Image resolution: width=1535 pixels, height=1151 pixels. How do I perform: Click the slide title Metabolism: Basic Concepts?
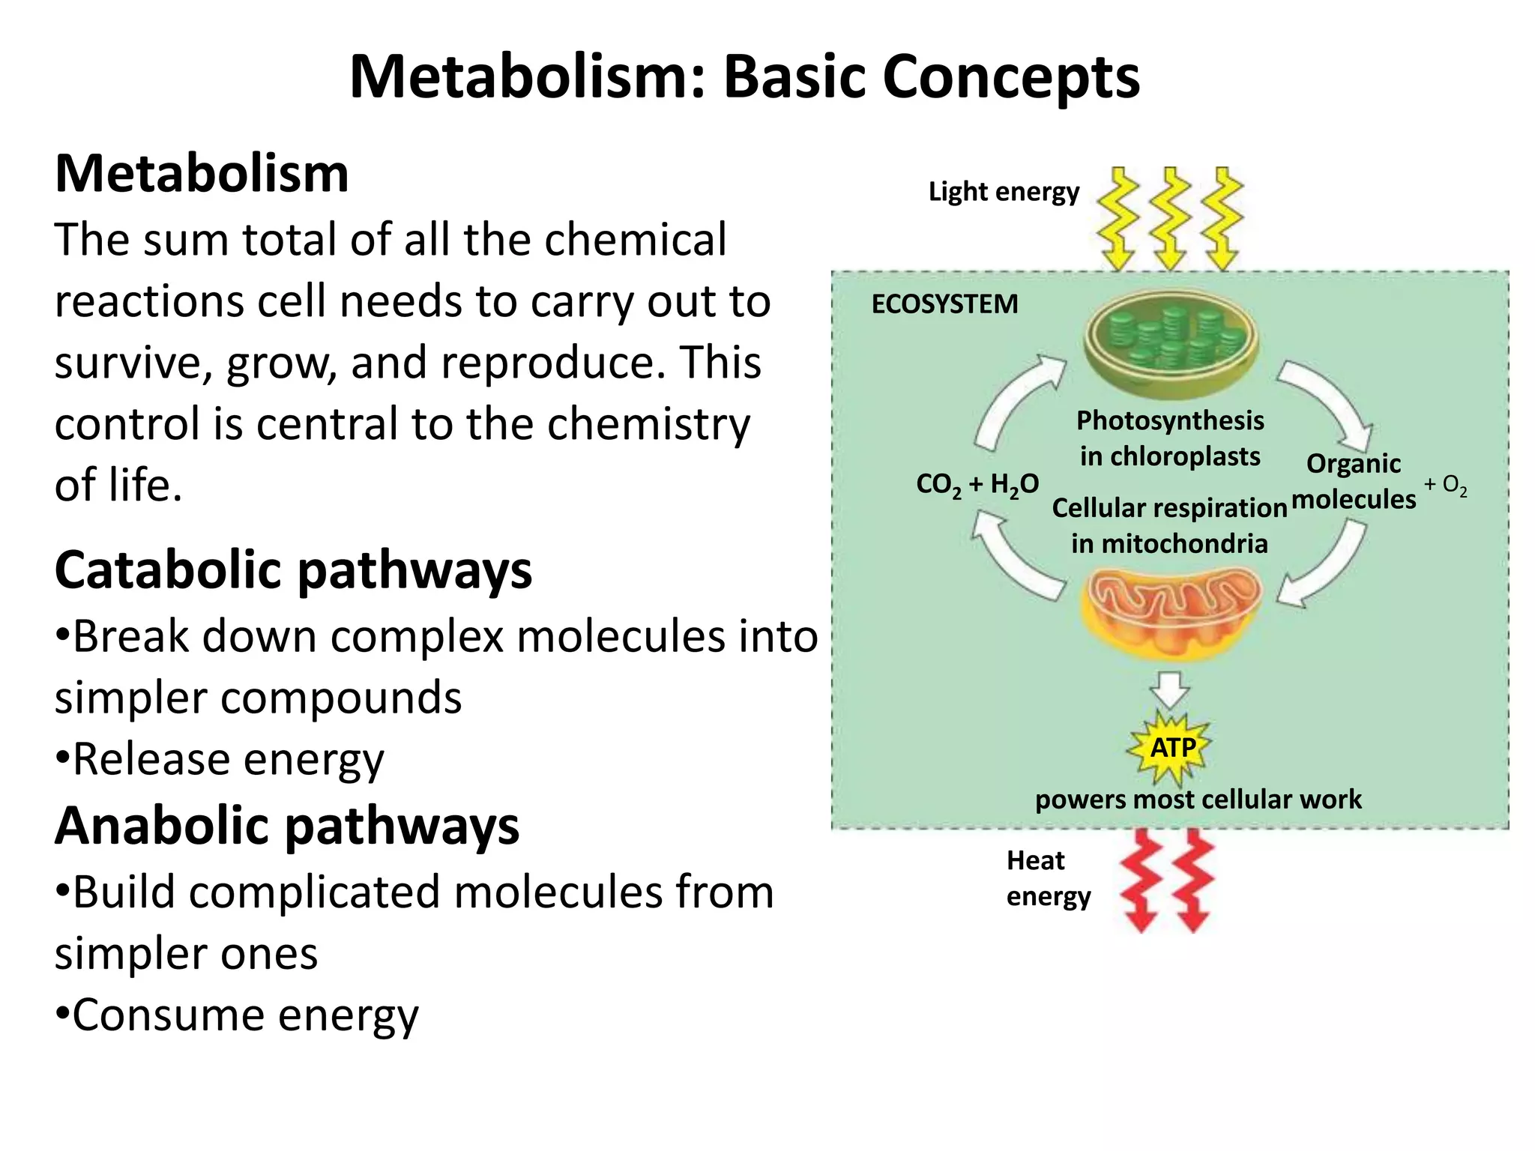tap(744, 77)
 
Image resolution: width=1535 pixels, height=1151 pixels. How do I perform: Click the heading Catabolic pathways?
tap(293, 571)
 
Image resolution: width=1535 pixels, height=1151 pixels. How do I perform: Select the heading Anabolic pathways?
tap(287, 826)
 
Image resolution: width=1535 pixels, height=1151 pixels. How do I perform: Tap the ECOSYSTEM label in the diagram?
tap(944, 304)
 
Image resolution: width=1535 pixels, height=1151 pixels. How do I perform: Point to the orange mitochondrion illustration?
tap(1171, 611)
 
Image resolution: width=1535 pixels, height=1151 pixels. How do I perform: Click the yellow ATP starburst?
tap(1171, 748)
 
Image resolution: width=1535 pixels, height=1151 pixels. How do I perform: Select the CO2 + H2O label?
tap(977, 485)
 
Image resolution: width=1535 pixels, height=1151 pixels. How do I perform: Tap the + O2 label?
tap(1445, 486)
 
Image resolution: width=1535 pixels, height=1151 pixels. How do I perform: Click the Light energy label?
tap(1004, 192)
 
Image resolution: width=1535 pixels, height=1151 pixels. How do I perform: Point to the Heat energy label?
tap(1047, 878)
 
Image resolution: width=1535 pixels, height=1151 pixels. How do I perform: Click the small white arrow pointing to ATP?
tap(1170, 689)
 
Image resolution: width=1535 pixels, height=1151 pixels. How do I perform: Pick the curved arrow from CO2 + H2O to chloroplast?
tap(1016, 401)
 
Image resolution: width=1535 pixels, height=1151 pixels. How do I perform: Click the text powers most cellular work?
tap(1198, 800)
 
